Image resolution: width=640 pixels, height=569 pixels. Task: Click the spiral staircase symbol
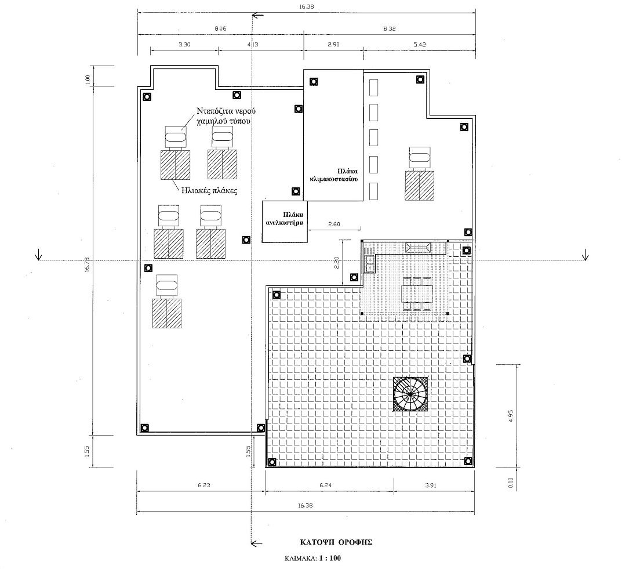(x=410, y=394)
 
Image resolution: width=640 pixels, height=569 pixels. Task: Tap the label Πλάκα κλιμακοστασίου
(x=334, y=175)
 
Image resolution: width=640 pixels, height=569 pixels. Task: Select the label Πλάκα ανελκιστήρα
(x=285, y=219)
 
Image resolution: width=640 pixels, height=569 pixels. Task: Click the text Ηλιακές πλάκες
(x=209, y=190)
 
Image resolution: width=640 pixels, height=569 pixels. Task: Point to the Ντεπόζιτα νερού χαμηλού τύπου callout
(x=226, y=116)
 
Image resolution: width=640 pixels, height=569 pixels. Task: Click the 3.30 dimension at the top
(x=184, y=45)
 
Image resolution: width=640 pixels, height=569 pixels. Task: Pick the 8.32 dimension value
(x=390, y=28)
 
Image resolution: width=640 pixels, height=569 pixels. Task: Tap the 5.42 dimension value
(x=420, y=45)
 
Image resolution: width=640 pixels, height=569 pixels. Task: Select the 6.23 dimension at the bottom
(x=203, y=485)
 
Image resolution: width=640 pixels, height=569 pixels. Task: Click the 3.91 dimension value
(x=431, y=485)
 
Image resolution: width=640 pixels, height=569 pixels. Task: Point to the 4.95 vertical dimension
(x=511, y=416)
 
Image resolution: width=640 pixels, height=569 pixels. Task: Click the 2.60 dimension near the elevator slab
(x=334, y=224)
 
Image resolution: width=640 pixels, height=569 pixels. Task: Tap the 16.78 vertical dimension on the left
(x=87, y=264)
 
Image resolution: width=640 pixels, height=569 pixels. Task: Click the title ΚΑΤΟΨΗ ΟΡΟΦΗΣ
(x=336, y=542)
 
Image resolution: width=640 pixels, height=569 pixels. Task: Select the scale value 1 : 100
(x=330, y=558)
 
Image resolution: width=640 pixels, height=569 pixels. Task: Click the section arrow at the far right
(x=586, y=255)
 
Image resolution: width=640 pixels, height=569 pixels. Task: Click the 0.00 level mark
(x=511, y=483)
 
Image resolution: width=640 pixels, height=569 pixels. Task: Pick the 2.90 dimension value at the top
(x=333, y=45)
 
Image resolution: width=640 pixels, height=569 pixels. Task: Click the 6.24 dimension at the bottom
(x=325, y=485)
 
